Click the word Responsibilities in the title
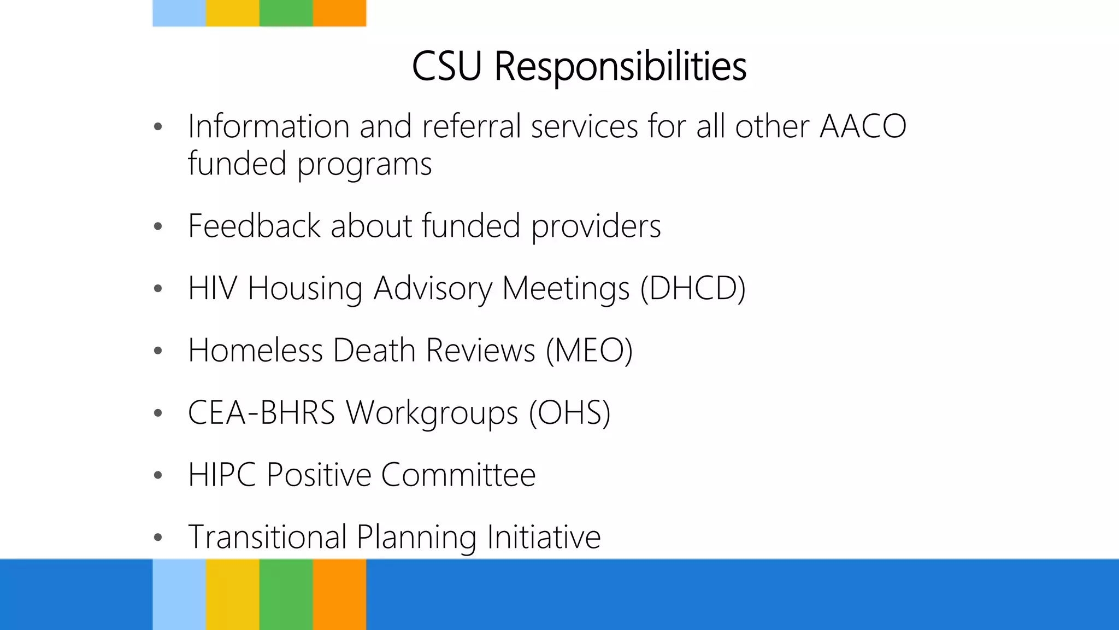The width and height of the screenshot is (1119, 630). pos(620,67)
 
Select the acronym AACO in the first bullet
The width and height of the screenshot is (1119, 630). pos(863,126)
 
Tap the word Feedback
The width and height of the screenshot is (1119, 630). pos(254,226)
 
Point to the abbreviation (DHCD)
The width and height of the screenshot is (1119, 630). pos(692,288)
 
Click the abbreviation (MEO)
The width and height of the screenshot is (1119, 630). pos(589,350)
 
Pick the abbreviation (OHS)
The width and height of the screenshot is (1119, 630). pos(569,412)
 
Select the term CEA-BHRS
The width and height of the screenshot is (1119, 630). pos(261,412)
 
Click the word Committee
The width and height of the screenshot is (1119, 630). pos(458,475)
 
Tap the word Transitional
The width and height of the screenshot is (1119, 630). pos(267,536)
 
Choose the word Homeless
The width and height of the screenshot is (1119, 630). pos(255,350)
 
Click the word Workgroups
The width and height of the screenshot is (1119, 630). pos(432,412)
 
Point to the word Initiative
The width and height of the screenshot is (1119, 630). pos(544,536)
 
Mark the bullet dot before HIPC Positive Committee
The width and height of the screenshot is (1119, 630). pos(158,475)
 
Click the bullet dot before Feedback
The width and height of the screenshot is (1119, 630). pos(158,226)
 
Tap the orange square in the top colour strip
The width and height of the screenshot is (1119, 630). pos(339,13)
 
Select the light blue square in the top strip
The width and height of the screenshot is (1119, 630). pos(179,13)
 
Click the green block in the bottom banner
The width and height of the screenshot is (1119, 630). pos(286,594)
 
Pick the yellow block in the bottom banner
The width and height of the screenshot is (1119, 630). pos(232,594)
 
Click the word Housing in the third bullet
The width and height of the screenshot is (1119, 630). pos(304,288)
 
